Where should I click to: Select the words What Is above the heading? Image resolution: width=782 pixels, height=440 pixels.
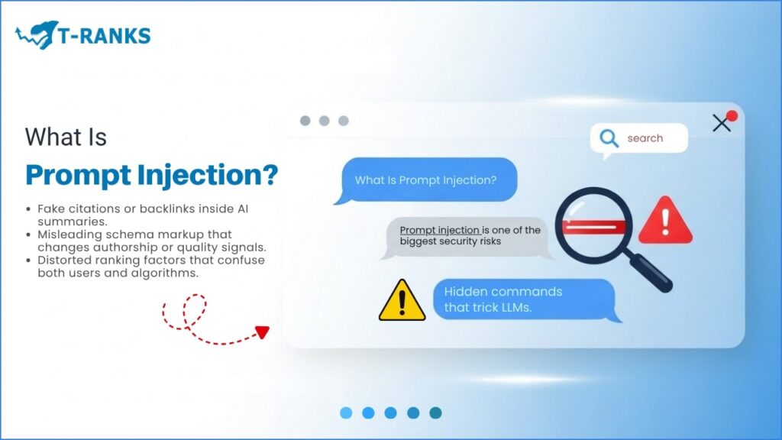[x=66, y=137]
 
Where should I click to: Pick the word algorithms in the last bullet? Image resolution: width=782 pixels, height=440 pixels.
[x=162, y=273]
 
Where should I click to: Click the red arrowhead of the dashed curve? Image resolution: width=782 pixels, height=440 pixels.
[x=262, y=332]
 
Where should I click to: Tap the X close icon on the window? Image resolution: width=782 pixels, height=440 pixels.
[x=721, y=123]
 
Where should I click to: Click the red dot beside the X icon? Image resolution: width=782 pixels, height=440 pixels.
[x=732, y=116]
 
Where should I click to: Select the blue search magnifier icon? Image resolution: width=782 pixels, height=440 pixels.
[x=609, y=138]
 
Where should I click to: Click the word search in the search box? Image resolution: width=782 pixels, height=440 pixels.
[x=645, y=138]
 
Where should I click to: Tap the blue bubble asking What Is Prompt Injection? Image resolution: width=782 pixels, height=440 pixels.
[x=425, y=180]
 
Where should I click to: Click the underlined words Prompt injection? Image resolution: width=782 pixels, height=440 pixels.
[x=440, y=230]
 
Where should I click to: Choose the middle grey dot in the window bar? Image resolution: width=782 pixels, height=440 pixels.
[x=324, y=121]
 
